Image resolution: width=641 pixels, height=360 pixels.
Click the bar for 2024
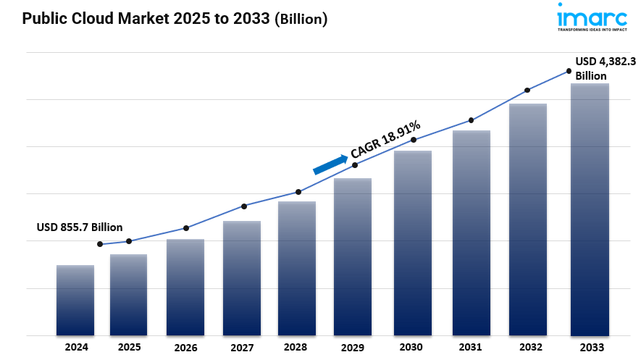tap(75, 300)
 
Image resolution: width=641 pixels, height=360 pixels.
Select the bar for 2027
tap(242, 278)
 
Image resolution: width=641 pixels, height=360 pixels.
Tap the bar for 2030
tap(413, 243)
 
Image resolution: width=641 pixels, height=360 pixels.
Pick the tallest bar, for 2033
tap(590, 209)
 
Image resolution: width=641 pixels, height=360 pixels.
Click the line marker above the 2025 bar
tap(129, 241)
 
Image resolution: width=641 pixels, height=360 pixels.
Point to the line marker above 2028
tap(298, 192)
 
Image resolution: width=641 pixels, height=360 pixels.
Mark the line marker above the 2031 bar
tap(472, 120)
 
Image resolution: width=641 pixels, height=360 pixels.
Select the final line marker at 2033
tap(569, 71)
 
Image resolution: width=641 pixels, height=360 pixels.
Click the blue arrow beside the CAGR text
tap(330, 164)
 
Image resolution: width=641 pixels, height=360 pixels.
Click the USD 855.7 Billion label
tap(80, 227)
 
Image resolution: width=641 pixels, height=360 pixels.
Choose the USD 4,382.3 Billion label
tap(600, 68)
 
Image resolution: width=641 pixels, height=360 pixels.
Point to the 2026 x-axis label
tap(185, 348)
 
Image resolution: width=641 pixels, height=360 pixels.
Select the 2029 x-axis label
tap(353, 348)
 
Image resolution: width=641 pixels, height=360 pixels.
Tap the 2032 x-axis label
tap(527, 348)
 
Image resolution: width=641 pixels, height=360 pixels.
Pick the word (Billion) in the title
tap(301, 20)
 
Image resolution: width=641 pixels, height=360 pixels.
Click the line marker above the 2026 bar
tap(186, 228)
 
